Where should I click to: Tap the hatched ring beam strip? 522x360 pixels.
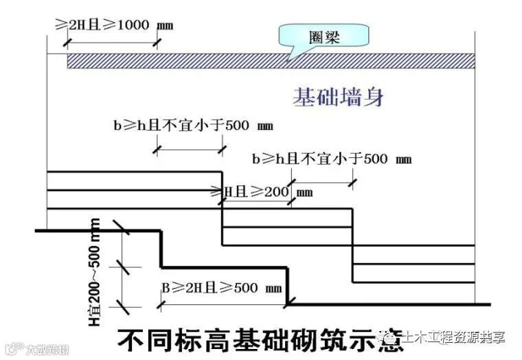click(271, 61)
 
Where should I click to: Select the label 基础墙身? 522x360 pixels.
click(338, 96)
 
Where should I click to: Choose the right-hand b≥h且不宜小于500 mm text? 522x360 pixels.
click(332, 159)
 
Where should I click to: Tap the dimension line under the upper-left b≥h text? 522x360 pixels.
click(188, 148)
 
